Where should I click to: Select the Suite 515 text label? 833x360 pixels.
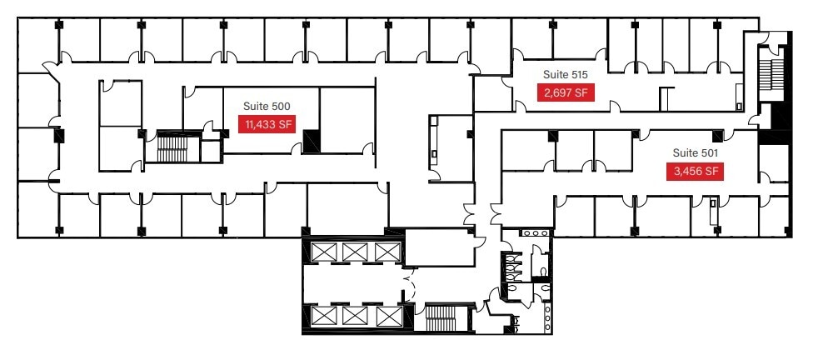pyautogui.click(x=566, y=74)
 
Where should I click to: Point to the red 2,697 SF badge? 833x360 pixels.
pyautogui.click(x=567, y=92)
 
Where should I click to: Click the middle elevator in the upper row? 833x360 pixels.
pyautogui.click(x=354, y=251)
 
